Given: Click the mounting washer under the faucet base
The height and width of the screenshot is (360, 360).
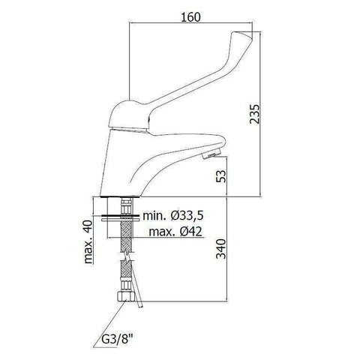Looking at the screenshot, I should tap(124, 215).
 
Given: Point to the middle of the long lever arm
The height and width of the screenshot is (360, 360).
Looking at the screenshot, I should tap(187, 79).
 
